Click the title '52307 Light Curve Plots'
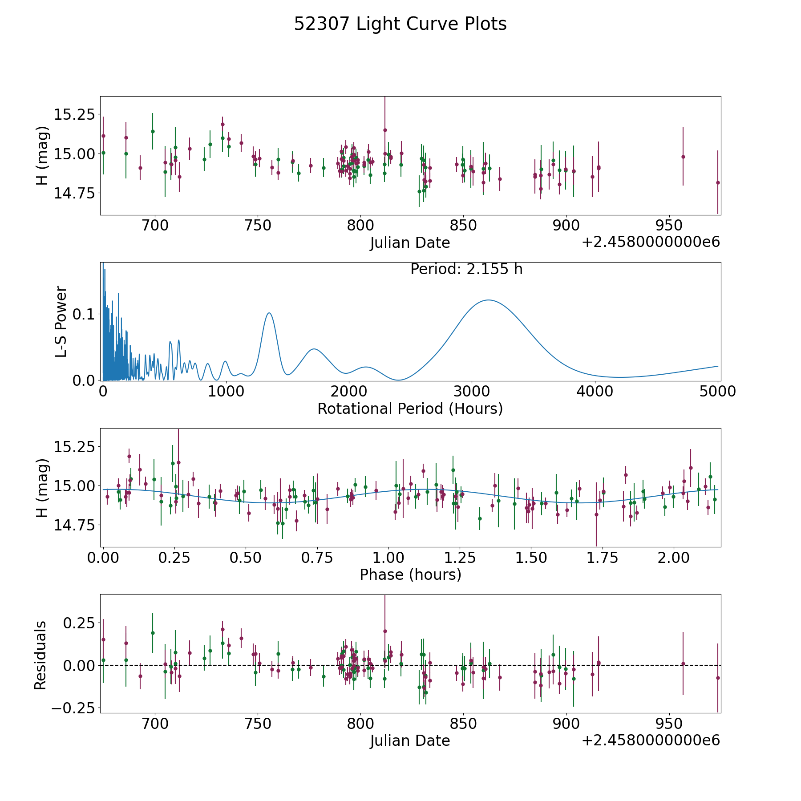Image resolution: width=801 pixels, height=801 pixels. (x=400, y=24)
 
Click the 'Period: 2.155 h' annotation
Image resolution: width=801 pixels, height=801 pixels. (x=466, y=269)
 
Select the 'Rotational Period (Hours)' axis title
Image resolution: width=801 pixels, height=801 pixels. (x=410, y=409)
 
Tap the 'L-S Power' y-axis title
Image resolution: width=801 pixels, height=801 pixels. (x=61, y=321)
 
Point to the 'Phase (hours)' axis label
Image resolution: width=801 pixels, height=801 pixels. (x=410, y=574)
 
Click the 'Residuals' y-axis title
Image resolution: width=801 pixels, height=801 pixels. (x=40, y=655)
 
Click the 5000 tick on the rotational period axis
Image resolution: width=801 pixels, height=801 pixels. (x=717, y=392)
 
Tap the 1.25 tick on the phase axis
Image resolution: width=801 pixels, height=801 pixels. (x=531, y=558)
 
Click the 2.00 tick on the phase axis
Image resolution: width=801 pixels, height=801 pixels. (x=673, y=558)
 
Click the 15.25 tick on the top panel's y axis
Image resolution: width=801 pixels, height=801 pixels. (x=74, y=115)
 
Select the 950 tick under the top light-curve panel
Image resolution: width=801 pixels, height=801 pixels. (x=669, y=226)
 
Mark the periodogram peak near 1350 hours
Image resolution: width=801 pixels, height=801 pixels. (x=269, y=313)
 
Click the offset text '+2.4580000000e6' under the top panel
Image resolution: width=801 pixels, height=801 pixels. (x=651, y=242)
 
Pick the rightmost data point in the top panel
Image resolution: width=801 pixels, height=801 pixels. (x=718, y=182)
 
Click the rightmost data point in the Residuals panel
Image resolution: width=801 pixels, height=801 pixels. (x=718, y=678)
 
